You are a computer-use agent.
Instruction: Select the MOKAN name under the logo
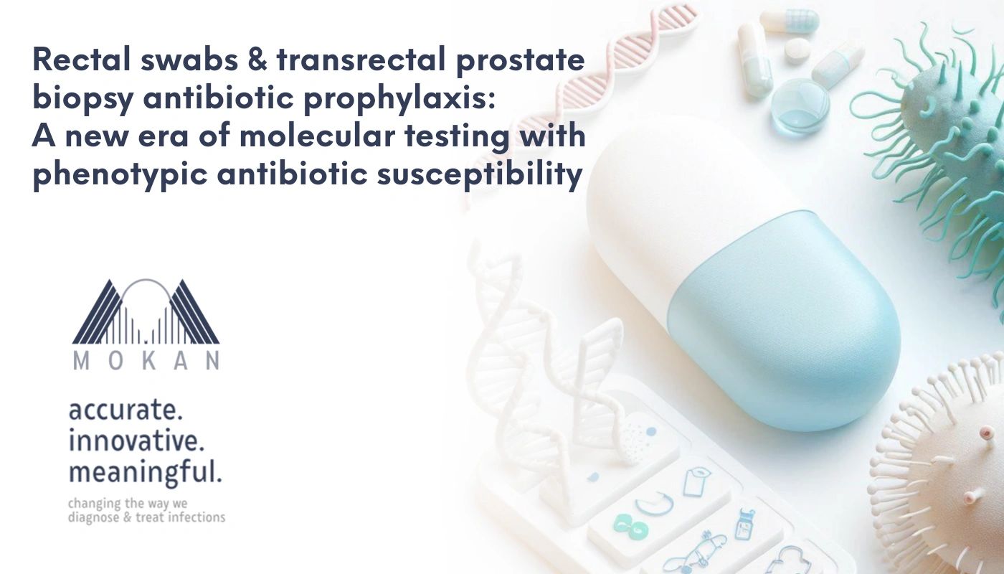click(x=146, y=362)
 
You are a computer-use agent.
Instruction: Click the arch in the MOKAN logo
click(x=146, y=291)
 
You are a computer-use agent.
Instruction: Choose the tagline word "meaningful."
click(x=145, y=473)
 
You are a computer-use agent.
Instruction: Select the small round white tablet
click(x=797, y=50)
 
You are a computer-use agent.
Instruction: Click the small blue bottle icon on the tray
click(x=744, y=524)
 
